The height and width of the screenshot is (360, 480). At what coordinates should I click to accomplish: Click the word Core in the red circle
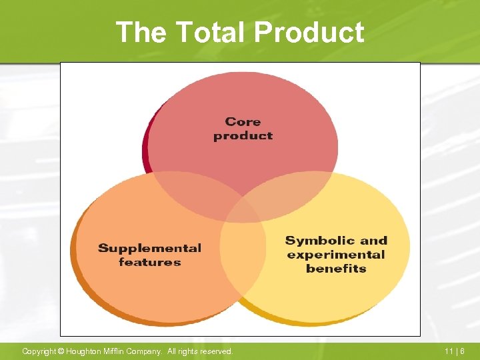243,121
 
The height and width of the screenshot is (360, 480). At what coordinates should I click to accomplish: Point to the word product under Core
243,135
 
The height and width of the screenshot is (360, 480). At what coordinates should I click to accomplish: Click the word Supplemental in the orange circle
149,248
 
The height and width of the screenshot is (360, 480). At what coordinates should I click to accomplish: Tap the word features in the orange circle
149,262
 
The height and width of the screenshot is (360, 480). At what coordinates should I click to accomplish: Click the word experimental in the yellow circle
336,255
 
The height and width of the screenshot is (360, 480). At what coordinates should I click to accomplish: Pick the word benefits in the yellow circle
336,269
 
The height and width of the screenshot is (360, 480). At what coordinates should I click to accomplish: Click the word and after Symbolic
373,241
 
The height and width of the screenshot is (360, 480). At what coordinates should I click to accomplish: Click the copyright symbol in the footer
61,351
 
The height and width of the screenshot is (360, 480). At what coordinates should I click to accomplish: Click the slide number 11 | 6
455,351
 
